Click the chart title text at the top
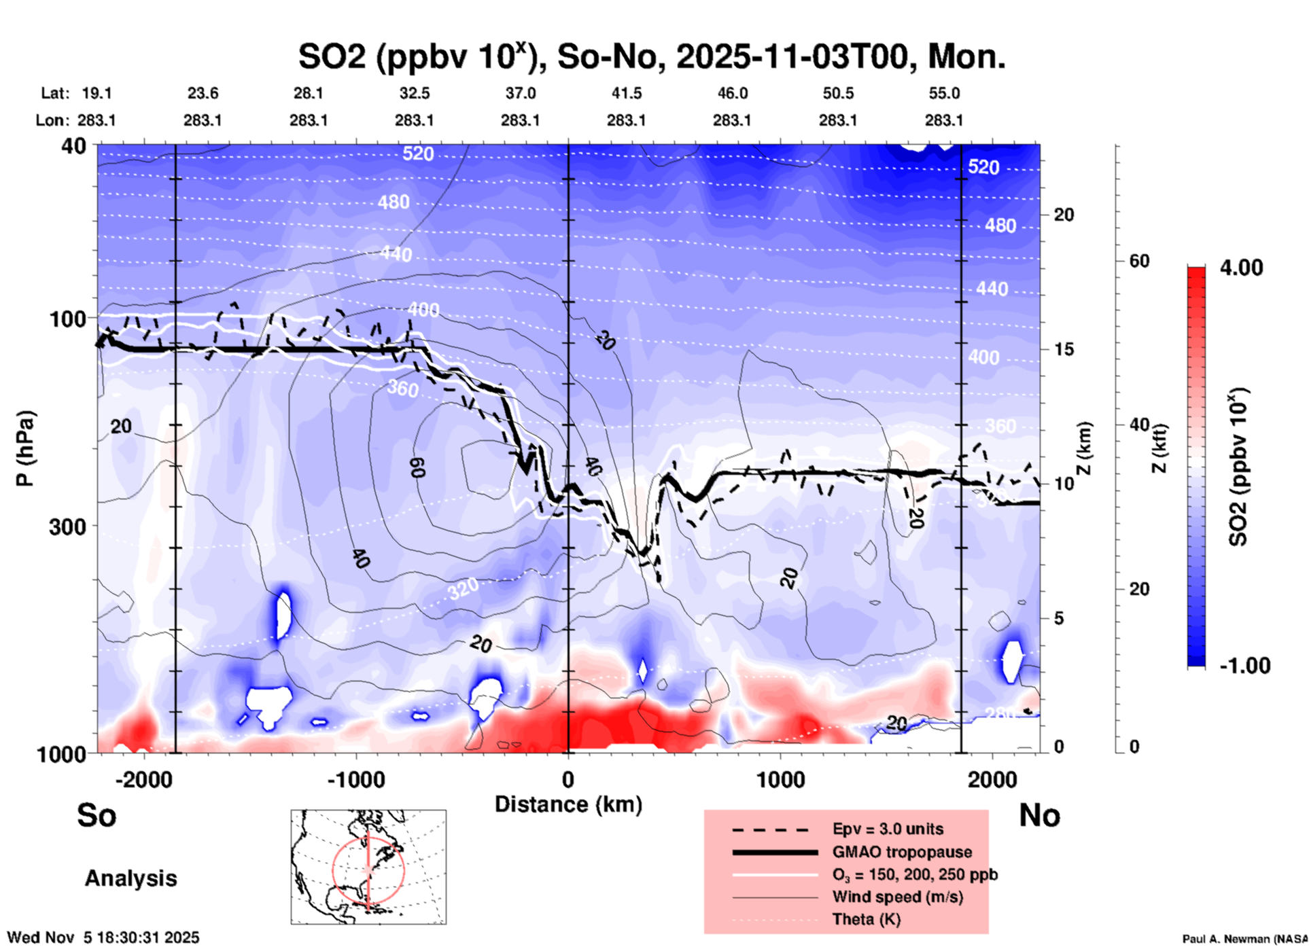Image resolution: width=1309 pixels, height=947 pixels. click(x=651, y=57)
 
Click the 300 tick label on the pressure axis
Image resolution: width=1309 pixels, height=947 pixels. click(x=68, y=526)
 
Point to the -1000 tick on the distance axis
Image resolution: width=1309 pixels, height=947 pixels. click(x=356, y=780)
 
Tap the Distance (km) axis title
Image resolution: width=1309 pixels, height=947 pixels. click(x=568, y=804)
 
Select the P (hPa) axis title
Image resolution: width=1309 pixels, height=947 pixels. click(x=25, y=448)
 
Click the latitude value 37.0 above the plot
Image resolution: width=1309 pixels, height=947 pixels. click(x=520, y=93)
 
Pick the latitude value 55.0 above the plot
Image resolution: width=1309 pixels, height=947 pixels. click(x=944, y=93)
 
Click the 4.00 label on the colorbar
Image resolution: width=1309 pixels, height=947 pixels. click(x=1241, y=268)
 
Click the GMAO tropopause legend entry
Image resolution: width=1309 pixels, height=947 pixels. click(x=902, y=852)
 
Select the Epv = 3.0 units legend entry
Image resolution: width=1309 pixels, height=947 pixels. click(x=888, y=829)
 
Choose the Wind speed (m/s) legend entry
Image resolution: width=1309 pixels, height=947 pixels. click(x=897, y=897)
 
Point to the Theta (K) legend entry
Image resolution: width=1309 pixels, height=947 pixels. click(x=866, y=920)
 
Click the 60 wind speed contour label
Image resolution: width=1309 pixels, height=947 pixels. click(x=417, y=467)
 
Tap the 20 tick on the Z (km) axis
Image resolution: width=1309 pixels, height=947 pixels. click(x=1064, y=215)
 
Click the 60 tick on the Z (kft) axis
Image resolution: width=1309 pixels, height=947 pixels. click(x=1139, y=262)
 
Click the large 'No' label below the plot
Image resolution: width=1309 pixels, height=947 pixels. click(x=1039, y=816)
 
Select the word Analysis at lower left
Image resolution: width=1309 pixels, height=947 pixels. click(x=130, y=878)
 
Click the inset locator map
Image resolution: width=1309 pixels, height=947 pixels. click(x=368, y=867)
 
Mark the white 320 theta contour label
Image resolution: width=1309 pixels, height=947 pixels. click(x=463, y=588)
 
